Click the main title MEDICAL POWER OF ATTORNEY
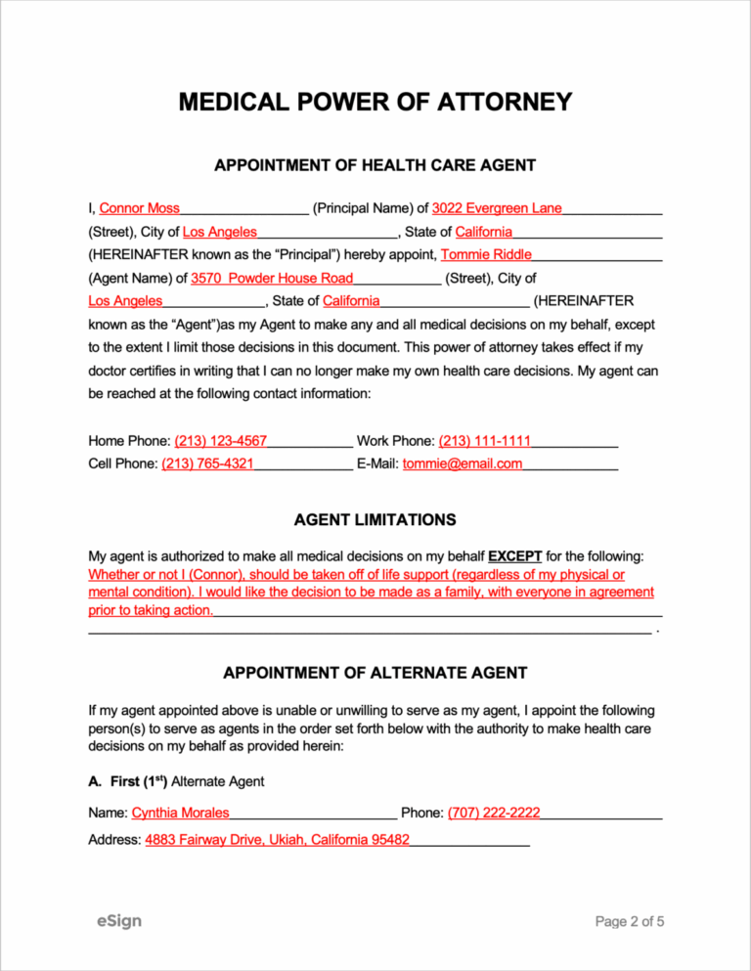coord(375,103)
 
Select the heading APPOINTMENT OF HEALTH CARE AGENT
coord(375,165)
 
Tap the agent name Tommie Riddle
coord(486,254)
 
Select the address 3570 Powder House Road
coord(272,278)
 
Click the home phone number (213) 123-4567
coord(221,441)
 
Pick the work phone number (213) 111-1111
coord(484,441)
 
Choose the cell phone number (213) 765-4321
coord(207,463)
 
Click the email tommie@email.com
coord(462,463)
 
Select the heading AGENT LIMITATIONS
coord(375,519)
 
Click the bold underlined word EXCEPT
coord(515,555)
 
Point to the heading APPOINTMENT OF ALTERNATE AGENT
coord(375,673)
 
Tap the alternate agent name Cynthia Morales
coord(181,813)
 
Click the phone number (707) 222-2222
coord(494,813)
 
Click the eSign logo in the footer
coord(118,920)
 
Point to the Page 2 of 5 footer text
coord(631,921)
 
